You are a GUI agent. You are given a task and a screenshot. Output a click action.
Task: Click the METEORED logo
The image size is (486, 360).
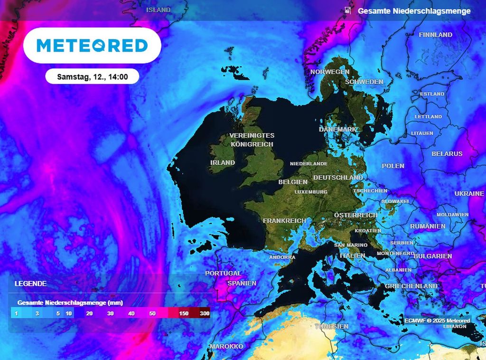tap(92, 46)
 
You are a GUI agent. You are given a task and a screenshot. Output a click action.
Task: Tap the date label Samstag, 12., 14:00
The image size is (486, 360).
tap(92, 76)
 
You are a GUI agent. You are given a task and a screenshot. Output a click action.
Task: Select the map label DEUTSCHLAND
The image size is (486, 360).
tap(338, 177)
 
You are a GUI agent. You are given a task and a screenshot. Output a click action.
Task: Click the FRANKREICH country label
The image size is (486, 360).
tap(284, 221)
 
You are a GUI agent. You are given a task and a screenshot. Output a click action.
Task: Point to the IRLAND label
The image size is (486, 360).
tap(223, 162)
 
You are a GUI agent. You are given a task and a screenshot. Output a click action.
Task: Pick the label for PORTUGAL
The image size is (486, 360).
tap(223, 273)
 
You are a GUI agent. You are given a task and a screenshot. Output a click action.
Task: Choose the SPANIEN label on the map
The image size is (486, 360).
tap(242, 283)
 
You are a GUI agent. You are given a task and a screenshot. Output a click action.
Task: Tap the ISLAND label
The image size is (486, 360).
tap(158, 9)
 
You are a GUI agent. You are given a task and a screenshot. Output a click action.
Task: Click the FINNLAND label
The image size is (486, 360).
tap(435, 35)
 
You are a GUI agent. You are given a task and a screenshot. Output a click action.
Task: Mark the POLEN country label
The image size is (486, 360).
tap(393, 166)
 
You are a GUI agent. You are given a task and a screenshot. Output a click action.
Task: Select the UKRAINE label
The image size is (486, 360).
tap(469, 194)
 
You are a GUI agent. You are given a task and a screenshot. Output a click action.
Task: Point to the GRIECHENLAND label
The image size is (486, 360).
tap(411, 286)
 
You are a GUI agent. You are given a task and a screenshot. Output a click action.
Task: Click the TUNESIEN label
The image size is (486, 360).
tap(332, 326)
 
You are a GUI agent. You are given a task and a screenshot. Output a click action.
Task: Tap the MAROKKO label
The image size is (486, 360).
tap(226, 346)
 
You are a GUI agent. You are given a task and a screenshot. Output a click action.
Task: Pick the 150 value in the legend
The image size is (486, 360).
tap(184, 313)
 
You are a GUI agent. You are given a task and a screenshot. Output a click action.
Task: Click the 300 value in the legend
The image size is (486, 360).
tap(205, 313)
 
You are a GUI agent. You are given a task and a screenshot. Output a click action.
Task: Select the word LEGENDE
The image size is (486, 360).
tap(30, 284)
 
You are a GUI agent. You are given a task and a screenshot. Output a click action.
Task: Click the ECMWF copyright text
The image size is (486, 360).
tap(437, 321)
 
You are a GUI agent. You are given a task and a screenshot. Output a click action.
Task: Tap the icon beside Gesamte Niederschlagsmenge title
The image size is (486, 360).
tap(348, 10)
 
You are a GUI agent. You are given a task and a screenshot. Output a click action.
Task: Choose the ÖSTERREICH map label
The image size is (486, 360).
tap(355, 215)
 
